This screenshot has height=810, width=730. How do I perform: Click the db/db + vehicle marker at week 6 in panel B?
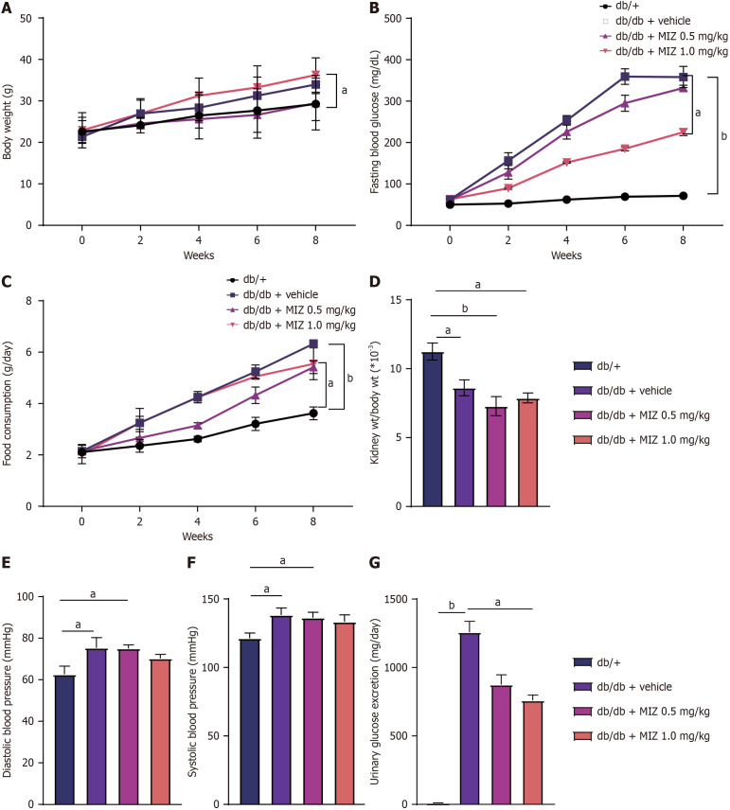point(625,76)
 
